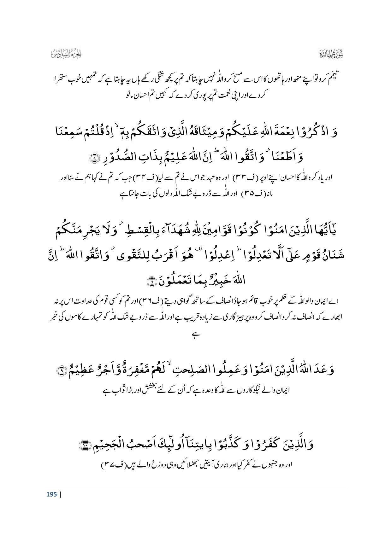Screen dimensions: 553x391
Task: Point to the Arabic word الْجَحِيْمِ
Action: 107,445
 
